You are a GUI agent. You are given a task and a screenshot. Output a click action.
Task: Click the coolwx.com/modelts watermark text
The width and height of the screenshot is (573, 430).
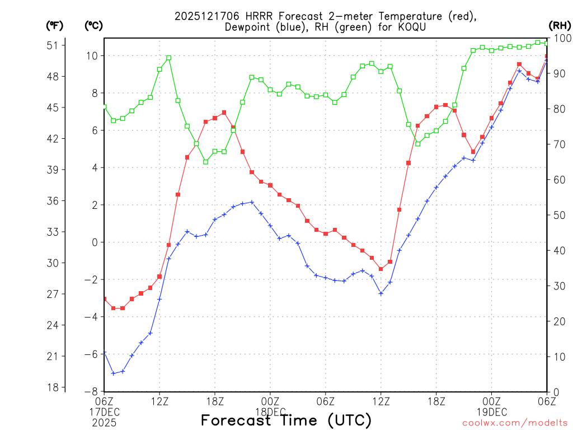[515, 423]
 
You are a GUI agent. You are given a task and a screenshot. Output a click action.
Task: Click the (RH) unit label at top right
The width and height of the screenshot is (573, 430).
[560, 25]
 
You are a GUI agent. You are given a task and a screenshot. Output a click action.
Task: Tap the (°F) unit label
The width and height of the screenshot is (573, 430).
[55, 25]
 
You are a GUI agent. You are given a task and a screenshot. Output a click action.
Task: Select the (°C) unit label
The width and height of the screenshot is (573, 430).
[93, 25]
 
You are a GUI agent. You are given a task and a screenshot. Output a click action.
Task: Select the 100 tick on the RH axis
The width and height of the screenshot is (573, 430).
[561, 38]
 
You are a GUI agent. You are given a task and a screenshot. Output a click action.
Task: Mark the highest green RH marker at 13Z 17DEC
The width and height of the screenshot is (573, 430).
[168, 58]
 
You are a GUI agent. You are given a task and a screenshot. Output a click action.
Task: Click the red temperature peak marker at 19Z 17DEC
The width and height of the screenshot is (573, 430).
[224, 113]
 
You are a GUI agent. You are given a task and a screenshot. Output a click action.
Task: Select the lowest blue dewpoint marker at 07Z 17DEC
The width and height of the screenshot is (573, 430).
[113, 373]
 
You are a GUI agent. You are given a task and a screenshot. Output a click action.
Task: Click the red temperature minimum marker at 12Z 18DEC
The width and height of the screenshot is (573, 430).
[381, 269]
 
